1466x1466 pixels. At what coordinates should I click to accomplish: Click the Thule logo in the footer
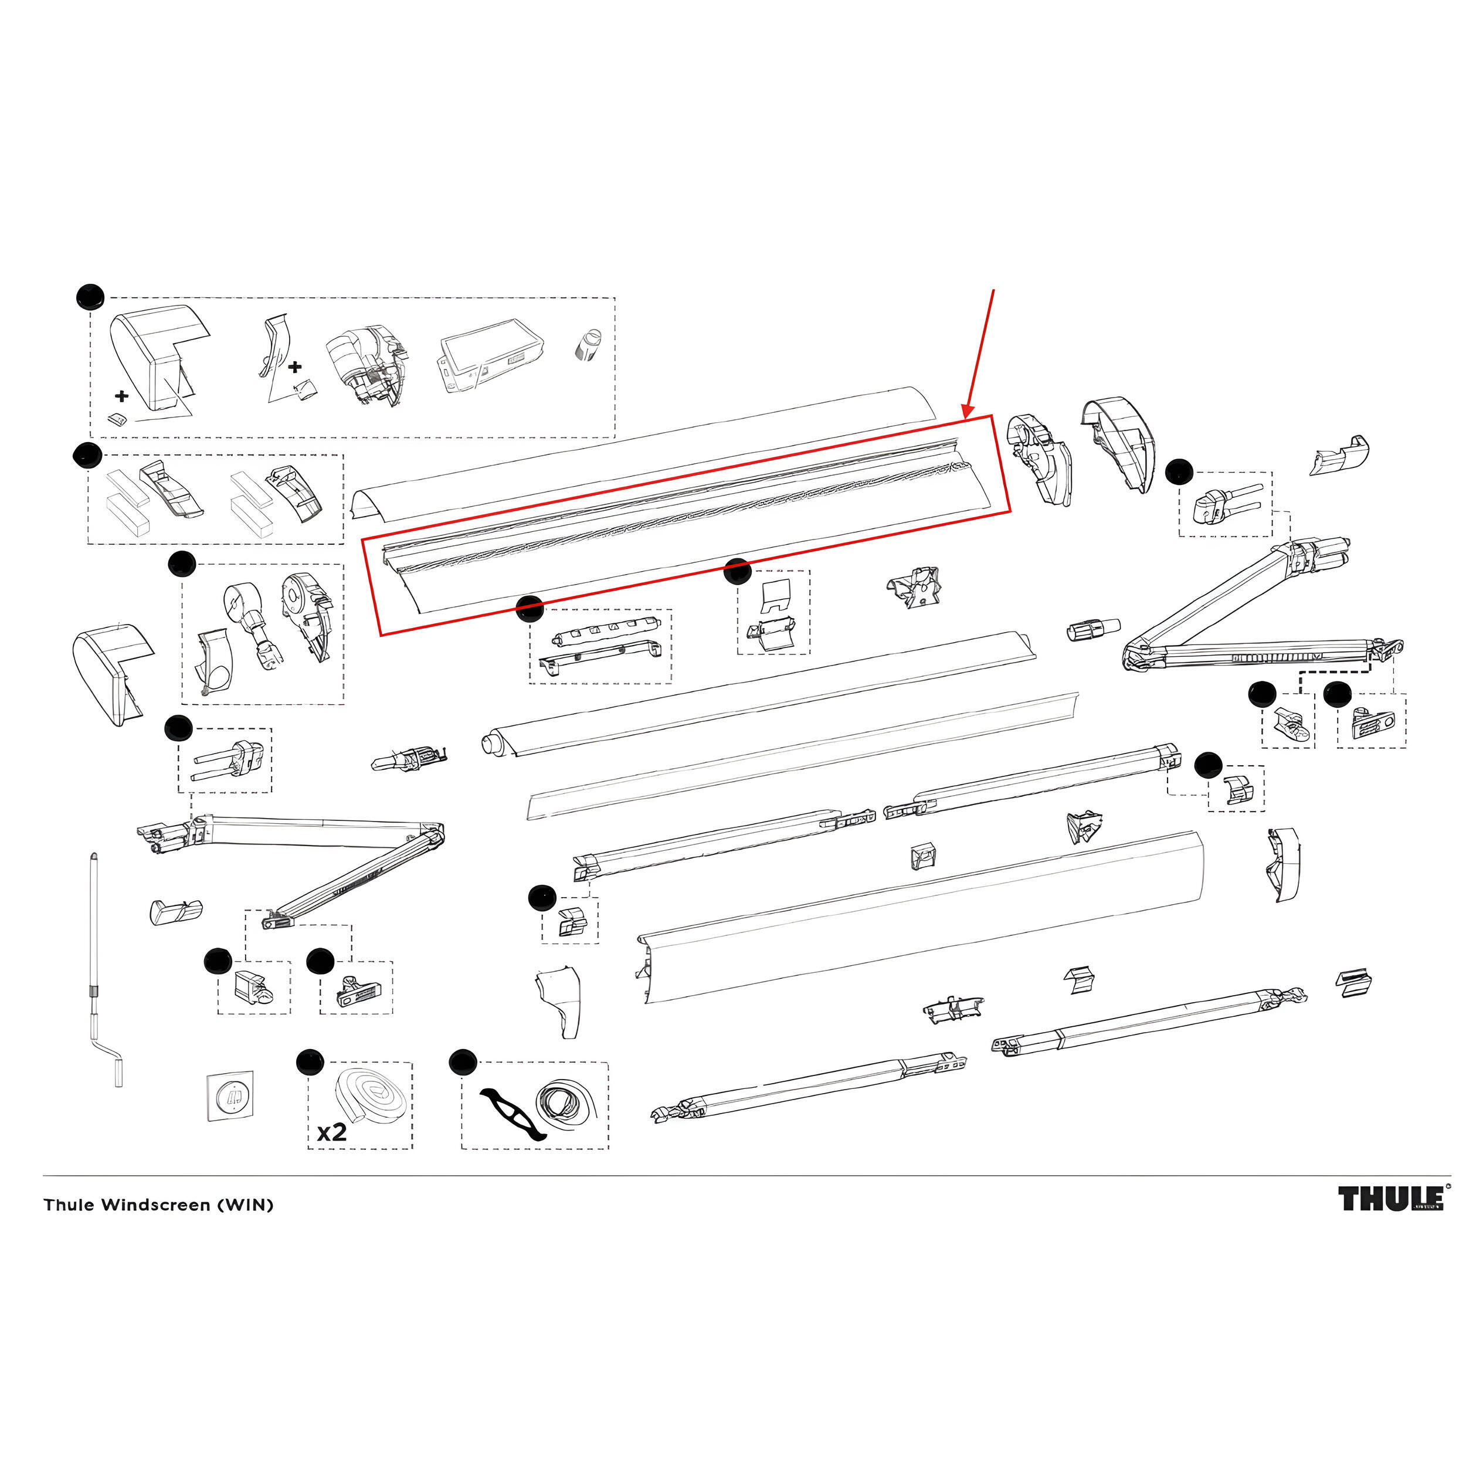1390,1200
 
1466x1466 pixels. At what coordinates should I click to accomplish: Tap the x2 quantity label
331,1132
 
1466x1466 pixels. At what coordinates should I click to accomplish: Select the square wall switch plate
230,1096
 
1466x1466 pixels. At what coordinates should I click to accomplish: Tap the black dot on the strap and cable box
462,1061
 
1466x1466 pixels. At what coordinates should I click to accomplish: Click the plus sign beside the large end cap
121,395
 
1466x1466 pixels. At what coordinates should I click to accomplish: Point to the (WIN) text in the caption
245,1205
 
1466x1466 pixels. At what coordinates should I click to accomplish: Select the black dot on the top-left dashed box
90,297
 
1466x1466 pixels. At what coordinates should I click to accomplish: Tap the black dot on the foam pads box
87,456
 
